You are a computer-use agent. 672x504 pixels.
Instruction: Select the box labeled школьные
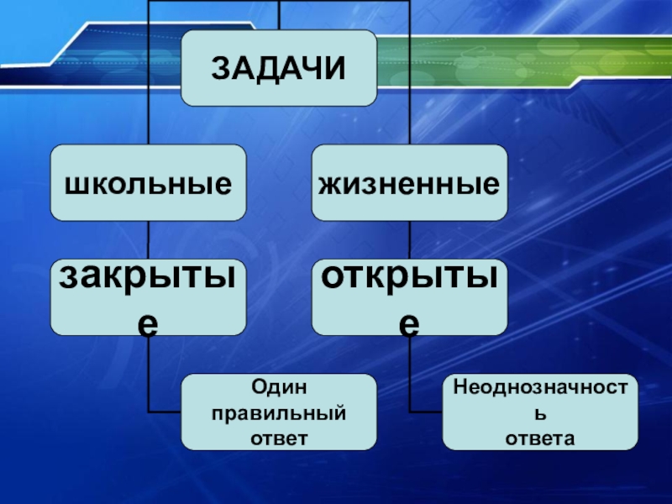[x=148, y=181]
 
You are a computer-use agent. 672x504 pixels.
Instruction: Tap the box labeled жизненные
[x=410, y=181]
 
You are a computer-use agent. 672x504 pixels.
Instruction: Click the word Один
[x=279, y=387]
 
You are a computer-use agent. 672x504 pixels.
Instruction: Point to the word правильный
[x=279, y=412]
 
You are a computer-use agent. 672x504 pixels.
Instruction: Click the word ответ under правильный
[x=279, y=438]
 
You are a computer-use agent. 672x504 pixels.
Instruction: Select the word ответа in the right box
[x=540, y=438]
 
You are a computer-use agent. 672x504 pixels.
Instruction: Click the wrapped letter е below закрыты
[x=148, y=323]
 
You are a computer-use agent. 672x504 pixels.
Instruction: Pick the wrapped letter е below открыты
[x=410, y=323]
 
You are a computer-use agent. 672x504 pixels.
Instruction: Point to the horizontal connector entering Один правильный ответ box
[x=165, y=412]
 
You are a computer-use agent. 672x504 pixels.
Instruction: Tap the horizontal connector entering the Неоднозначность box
[x=426, y=412]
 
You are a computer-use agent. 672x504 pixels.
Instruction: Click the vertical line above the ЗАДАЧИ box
[x=279, y=14]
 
